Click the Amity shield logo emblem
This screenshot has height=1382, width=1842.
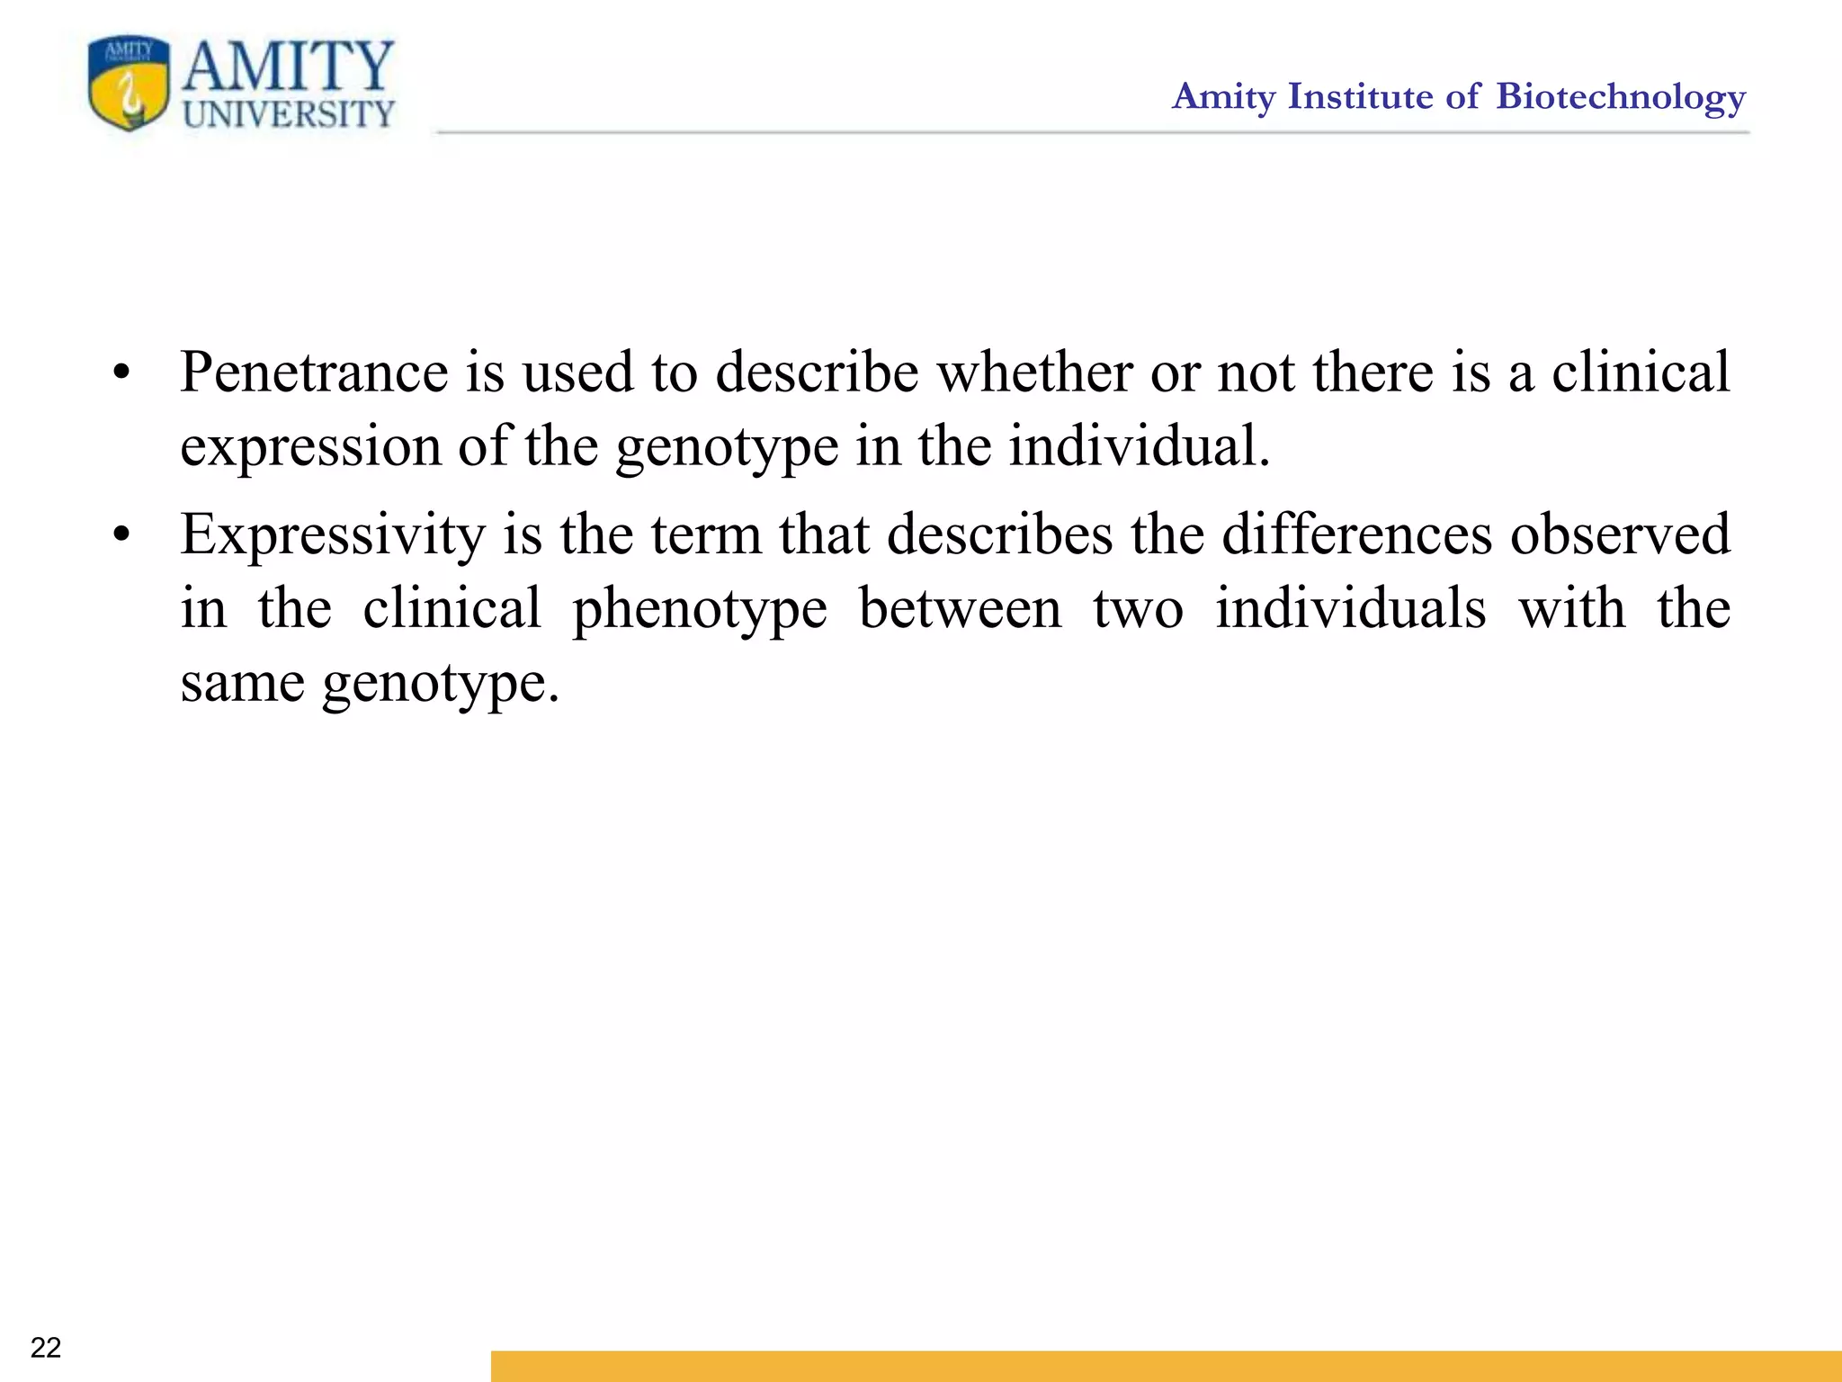pyautogui.click(x=129, y=83)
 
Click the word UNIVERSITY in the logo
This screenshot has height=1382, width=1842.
pyautogui.click(x=289, y=115)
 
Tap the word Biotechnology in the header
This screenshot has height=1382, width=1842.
pyautogui.click(x=1621, y=97)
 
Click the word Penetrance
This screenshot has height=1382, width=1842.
pyautogui.click(x=314, y=372)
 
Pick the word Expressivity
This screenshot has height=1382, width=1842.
pyautogui.click(x=332, y=534)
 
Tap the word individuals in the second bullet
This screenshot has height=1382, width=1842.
pyautogui.click(x=1351, y=608)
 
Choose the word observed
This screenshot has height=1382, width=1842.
pyautogui.click(x=1620, y=534)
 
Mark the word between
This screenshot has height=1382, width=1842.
pyautogui.click(x=961, y=608)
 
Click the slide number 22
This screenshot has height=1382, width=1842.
pyautogui.click(x=46, y=1347)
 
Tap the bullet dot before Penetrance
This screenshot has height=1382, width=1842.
pyautogui.click(x=122, y=373)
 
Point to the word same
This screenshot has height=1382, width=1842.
pyautogui.click(x=242, y=683)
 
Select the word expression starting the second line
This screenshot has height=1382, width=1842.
pyautogui.click(x=310, y=447)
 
